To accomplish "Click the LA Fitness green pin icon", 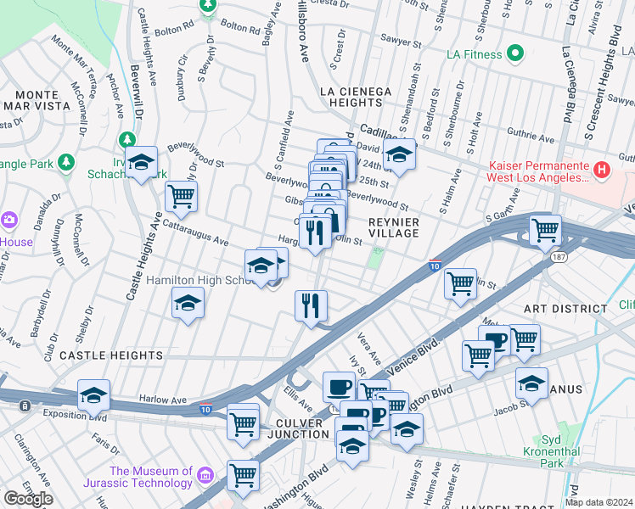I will pyautogui.click(x=514, y=55).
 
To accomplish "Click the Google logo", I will pyautogui.click(x=27, y=499).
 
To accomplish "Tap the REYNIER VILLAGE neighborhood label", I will pyautogui.click(x=394, y=227).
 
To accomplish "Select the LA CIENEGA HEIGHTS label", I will pyautogui.click(x=356, y=97).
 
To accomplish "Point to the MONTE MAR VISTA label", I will pyautogui.click(x=36, y=100).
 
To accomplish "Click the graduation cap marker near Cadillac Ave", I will pyautogui.click(x=398, y=156).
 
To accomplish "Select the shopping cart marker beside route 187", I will pyautogui.click(x=545, y=229).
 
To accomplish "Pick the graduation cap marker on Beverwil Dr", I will pyautogui.click(x=142, y=163).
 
